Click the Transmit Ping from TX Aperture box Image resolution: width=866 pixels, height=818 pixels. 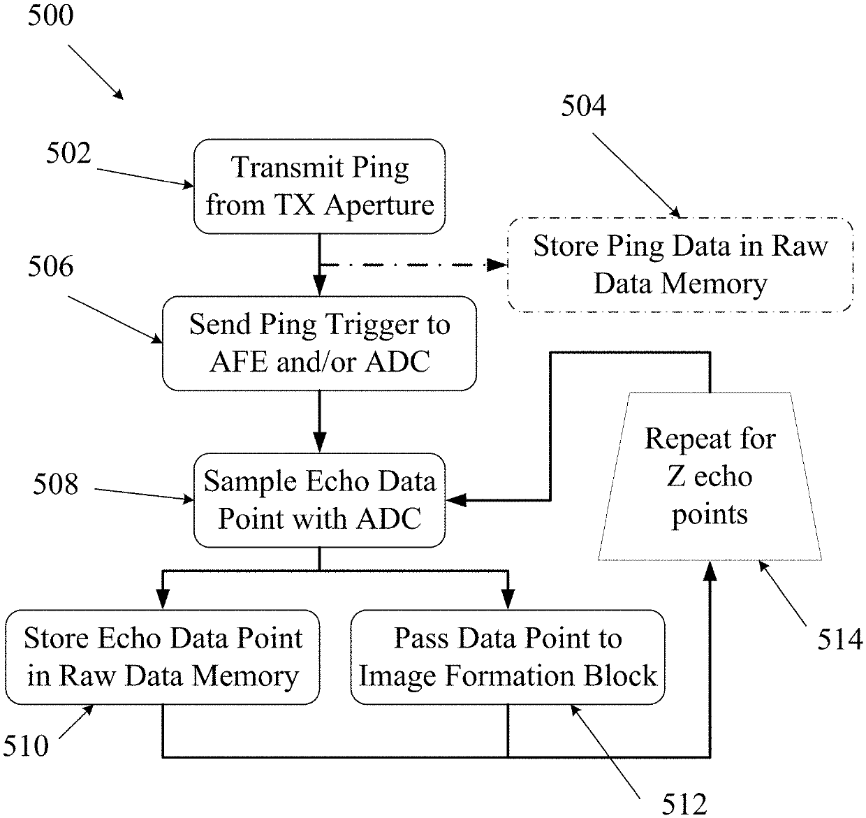click(319, 186)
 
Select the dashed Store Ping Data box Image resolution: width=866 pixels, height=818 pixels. click(680, 264)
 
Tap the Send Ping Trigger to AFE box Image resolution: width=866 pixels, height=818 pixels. click(319, 343)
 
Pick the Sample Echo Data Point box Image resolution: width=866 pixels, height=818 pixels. click(319, 499)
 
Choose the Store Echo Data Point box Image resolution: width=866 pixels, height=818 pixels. click(162, 657)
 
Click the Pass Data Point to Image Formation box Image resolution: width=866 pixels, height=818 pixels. click(507, 657)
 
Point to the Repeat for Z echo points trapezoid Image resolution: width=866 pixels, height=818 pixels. click(710, 476)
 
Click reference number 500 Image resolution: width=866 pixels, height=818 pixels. click(50, 15)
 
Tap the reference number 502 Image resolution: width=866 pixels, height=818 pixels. click(68, 153)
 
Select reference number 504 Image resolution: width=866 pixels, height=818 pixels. click(584, 105)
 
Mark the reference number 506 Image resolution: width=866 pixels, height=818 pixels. click(50, 266)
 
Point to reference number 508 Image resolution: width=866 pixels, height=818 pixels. click(56, 484)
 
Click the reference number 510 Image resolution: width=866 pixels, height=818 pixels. click(26, 746)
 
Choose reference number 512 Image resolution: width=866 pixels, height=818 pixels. click(684, 804)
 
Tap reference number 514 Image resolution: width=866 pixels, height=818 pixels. click(840, 638)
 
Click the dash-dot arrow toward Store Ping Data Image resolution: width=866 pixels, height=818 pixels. click(412, 265)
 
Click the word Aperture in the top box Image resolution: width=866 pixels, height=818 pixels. click(379, 205)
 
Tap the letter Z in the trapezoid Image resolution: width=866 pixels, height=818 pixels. click(675, 476)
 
